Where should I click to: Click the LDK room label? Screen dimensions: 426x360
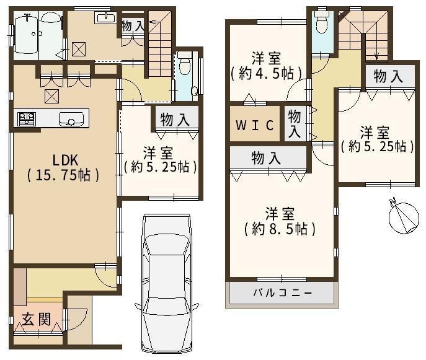(x=65, y=160)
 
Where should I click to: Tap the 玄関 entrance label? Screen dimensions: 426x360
(x=37, y=318)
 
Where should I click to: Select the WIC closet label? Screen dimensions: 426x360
(x=255, y=125)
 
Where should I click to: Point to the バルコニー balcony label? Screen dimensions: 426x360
(x=283, y=292)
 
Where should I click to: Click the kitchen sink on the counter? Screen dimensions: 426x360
(x=71, y=119)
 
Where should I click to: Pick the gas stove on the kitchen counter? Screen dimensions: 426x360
(x=27, y=119)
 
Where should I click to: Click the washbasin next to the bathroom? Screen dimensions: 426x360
(x=105, y=18)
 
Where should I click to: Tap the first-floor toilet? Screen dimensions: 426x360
(x=184, y=63)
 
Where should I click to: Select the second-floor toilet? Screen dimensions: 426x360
(x=322, y=22)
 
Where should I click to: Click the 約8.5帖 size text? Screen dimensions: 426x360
(x=280, y=229)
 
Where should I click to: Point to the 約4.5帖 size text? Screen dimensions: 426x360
(x=266, y=73)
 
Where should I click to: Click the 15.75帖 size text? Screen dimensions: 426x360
(x=63, y=175)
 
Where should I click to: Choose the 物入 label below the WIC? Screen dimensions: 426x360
(x=266, y=158)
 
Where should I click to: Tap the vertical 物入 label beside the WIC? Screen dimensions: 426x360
(x=295, y=124)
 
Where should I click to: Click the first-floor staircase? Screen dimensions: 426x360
(x=160, y=43)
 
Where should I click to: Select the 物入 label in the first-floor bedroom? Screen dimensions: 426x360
(x=175, y=120)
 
